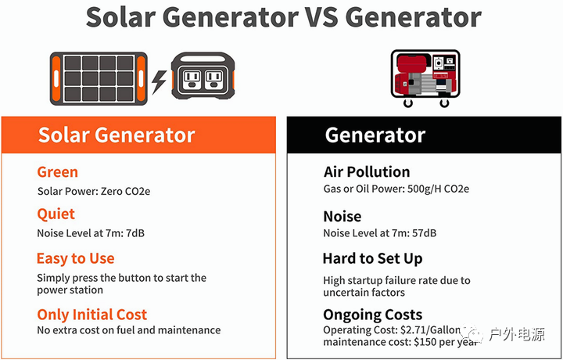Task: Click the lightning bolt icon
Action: pos(159,81)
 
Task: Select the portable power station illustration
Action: pos(205,79)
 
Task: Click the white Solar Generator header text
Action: pos(117,135)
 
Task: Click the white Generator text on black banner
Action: pos(375,135)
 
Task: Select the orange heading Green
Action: pos(58,172)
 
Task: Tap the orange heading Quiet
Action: pos(56,214)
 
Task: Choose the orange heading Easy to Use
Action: pos(76,258)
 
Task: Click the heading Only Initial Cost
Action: pos(92,315)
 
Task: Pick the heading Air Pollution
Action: pos(367,172)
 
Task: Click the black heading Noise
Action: pos(342,216)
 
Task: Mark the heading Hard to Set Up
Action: pos(372,258)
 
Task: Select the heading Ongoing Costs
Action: pos(373,315)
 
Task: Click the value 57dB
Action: pos(422,233)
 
